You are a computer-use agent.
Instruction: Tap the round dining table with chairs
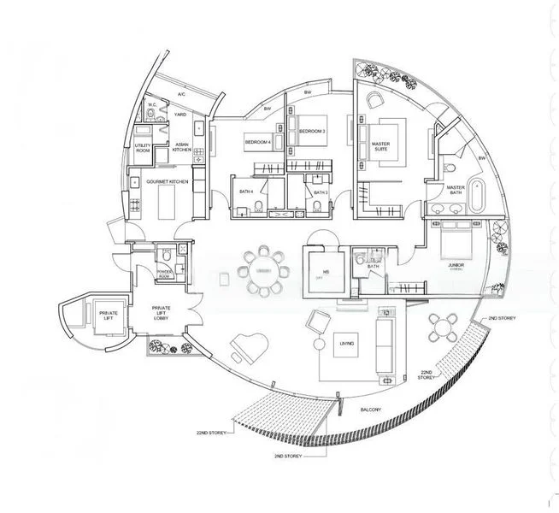(x=262, y=272)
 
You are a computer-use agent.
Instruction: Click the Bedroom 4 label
(x=257, y=141)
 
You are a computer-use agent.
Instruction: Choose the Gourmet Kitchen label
(x=167, y=182)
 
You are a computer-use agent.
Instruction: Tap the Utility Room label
(x=143, y=149)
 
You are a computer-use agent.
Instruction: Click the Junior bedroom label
(x=456, y=266)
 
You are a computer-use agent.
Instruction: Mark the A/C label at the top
(x=182, y=93)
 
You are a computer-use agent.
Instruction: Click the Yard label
(x=180, y=113)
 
